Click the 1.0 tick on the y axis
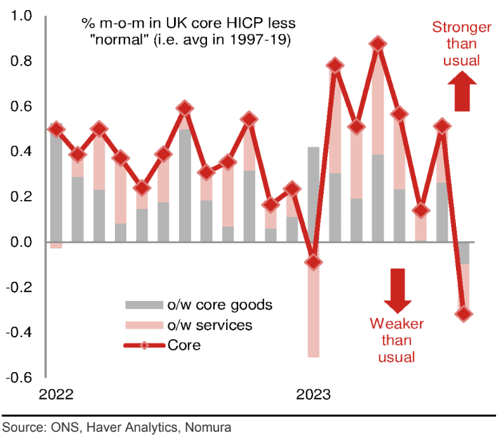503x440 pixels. [21, 17]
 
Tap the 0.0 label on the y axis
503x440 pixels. [21, 242]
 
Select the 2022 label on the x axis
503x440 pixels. [57, 395]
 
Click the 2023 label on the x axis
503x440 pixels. [313, 395]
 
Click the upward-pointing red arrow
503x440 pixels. [461, 92]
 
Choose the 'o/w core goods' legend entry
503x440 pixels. [199, 304]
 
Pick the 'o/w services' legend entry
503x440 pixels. [191, 325]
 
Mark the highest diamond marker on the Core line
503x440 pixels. [378, 44]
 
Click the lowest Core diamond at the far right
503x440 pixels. [464, 314]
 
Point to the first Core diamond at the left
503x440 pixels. [56, 129]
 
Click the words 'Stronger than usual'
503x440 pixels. [461, 44]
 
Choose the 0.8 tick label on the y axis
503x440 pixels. [21, 62]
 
